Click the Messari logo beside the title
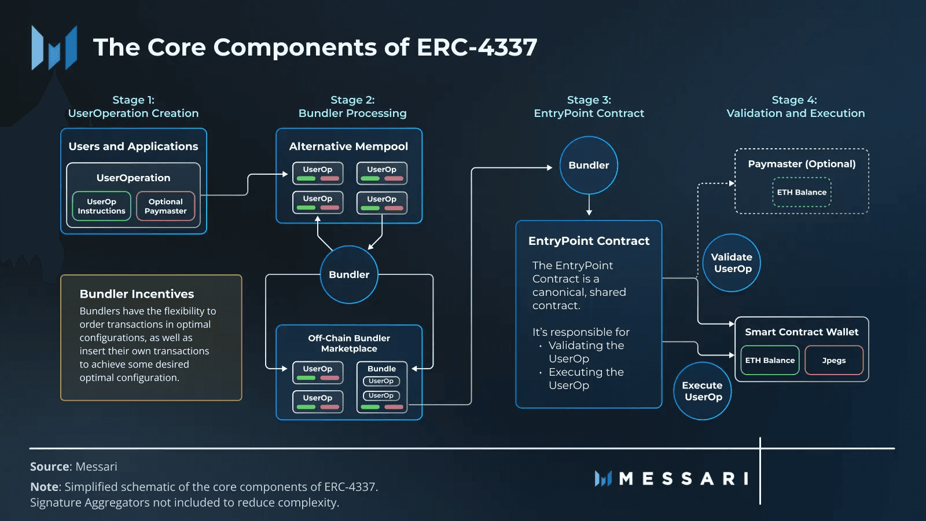54,48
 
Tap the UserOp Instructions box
102,206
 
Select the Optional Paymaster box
166,206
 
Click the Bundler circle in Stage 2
349,274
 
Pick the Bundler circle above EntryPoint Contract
589,165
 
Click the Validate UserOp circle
732,263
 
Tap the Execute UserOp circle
702,391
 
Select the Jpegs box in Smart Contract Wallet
833,360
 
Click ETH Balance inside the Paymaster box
802,192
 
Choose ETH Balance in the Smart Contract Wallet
770,360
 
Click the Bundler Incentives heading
137,294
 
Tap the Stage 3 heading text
589,107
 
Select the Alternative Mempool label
348,146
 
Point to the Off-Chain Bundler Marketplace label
349,343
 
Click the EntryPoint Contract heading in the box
589,241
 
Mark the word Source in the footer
50,467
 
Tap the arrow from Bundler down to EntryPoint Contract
589,206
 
